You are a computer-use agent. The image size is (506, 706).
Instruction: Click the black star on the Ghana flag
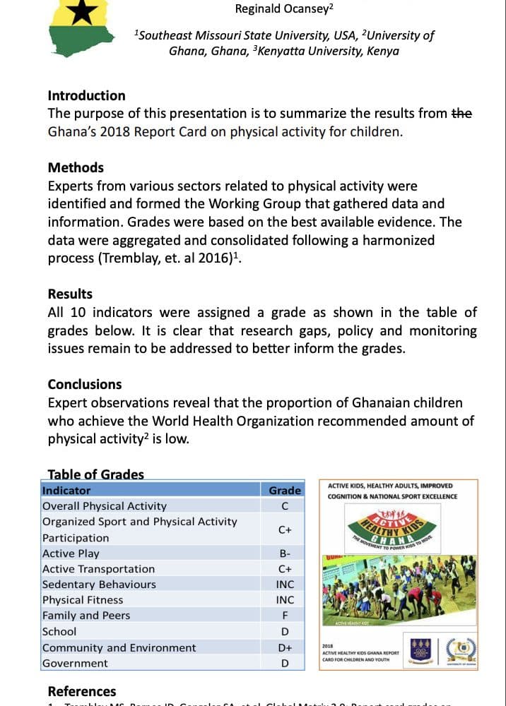pos(80,11)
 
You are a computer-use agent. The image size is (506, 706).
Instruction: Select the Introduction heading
pos(86,95)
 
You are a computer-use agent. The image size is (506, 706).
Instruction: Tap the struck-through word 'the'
pos(461,113)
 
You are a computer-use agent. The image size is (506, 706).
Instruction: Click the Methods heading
pos(76,167)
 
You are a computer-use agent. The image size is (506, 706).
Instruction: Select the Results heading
pos(70,294)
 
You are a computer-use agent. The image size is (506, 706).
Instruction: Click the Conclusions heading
pos(85,384)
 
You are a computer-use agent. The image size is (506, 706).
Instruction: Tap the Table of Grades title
pos(95,474)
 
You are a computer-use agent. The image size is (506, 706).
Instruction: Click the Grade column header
pos(285,490)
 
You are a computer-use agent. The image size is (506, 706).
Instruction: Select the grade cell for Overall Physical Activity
pos(285,506)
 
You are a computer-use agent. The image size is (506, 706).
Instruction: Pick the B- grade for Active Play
pos(285,554)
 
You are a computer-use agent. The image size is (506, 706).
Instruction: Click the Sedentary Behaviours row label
pos(99,585)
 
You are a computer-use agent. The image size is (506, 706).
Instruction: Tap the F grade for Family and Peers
pos(285,616)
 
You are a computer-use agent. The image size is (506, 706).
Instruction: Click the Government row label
pos(75,664)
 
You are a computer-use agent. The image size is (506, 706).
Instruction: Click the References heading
pos(82,691)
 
